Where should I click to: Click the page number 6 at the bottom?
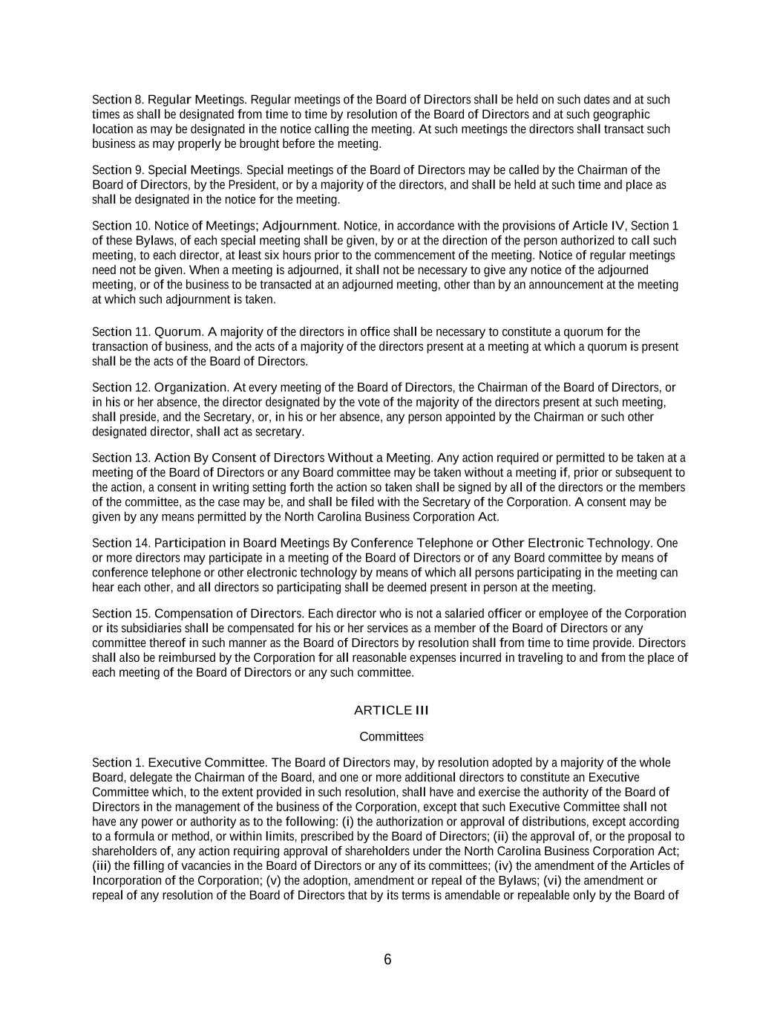(387, 960)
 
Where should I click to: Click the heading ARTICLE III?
(391, 710)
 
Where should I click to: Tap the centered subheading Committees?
(391, 737)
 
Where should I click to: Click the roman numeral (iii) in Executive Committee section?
(102, 866)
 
